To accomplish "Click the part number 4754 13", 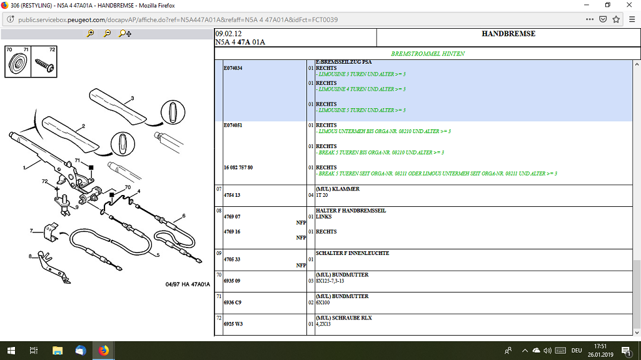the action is pos(232,196).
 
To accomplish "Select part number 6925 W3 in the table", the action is pos(233,324).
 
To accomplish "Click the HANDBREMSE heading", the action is pos(508,34).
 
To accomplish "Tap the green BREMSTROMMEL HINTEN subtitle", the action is pos(428,54).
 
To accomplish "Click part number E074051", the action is pos(233,126).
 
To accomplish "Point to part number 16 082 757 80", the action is pos(238,167).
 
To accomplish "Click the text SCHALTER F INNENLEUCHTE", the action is pos(352,253).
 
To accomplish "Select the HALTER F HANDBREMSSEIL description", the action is pos(351,211).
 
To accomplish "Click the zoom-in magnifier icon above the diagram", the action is pos(90,34).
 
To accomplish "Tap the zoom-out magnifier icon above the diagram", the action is pos(107,34).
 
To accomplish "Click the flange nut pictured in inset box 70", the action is pos(18,63).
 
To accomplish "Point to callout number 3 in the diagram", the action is pos(133,99).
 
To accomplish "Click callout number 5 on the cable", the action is pos(158,255).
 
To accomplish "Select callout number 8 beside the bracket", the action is pos(30,256).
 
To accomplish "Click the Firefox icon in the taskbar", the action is pos(103,351).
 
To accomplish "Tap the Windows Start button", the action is pos(11,351).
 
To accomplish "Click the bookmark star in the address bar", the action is pos(616,19).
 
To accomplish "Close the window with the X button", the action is pos(629,5).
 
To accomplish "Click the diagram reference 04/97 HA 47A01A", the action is pos(188,284).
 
